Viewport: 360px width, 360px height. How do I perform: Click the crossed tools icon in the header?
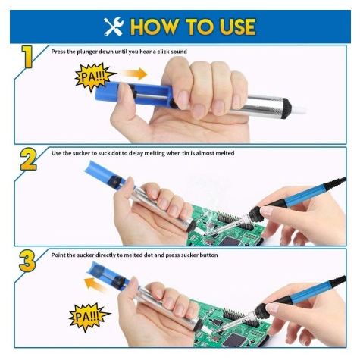click(x=114, y=27)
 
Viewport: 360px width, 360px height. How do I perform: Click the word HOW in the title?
click(x=155, y=27)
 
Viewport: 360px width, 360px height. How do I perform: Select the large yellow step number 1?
click(x=27, y=57)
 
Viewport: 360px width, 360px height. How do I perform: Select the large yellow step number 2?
click(x=28, y=159)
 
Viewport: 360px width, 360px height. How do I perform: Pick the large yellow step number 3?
click(x=27, y=261)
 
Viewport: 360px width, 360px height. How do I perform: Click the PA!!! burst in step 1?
click(x=94, y=77)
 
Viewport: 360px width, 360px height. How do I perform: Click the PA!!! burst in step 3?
click(x=89, y=317)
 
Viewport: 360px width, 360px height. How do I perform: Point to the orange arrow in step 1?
click(x=133, y=74)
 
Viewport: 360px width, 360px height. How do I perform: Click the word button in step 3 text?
click(x=208, y=255)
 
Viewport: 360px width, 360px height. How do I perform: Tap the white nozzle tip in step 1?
click(x=299, y=109)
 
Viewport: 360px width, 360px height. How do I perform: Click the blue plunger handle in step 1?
click(x=133, y=93)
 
